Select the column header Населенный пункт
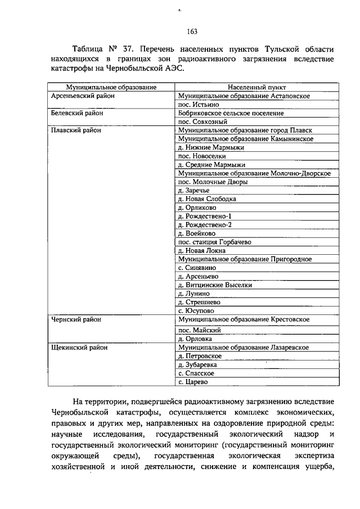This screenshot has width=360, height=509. pyautogui.click(x=256, y=88)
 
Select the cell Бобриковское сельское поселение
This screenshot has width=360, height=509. pyautogui.click(x=231, y=113)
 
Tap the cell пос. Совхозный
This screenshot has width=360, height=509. pyautogui.click(x=202, y=121)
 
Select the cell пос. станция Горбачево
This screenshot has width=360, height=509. pyautogui.click(x=214, y=242)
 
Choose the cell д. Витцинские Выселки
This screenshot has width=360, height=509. pyautogui.click(x=214, y=285)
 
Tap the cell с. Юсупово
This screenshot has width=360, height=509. pyautogui.click(x=196, y=310)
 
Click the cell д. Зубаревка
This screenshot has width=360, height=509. pyautogui.click(x=199, y=364)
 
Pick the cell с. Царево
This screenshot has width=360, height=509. pyautogui.click(x=193, y=382)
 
